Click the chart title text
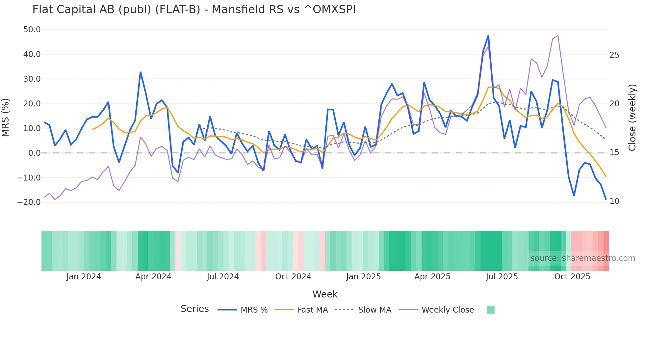point(194,9)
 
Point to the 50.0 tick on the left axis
point(32,30)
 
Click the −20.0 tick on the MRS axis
point(29,202)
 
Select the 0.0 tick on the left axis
point(34,153)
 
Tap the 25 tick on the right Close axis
point(614,55)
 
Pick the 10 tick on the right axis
point(614,201)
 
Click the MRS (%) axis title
point(6,117)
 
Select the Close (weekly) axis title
point(632,117)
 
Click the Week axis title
point(325,294)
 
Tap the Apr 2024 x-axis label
point(153,277)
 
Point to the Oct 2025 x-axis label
point(572,277)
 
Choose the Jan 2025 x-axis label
point(363,277)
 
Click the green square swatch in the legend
point(490,310)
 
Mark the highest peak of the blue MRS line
point(488,36)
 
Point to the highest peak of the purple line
point(558,35)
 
